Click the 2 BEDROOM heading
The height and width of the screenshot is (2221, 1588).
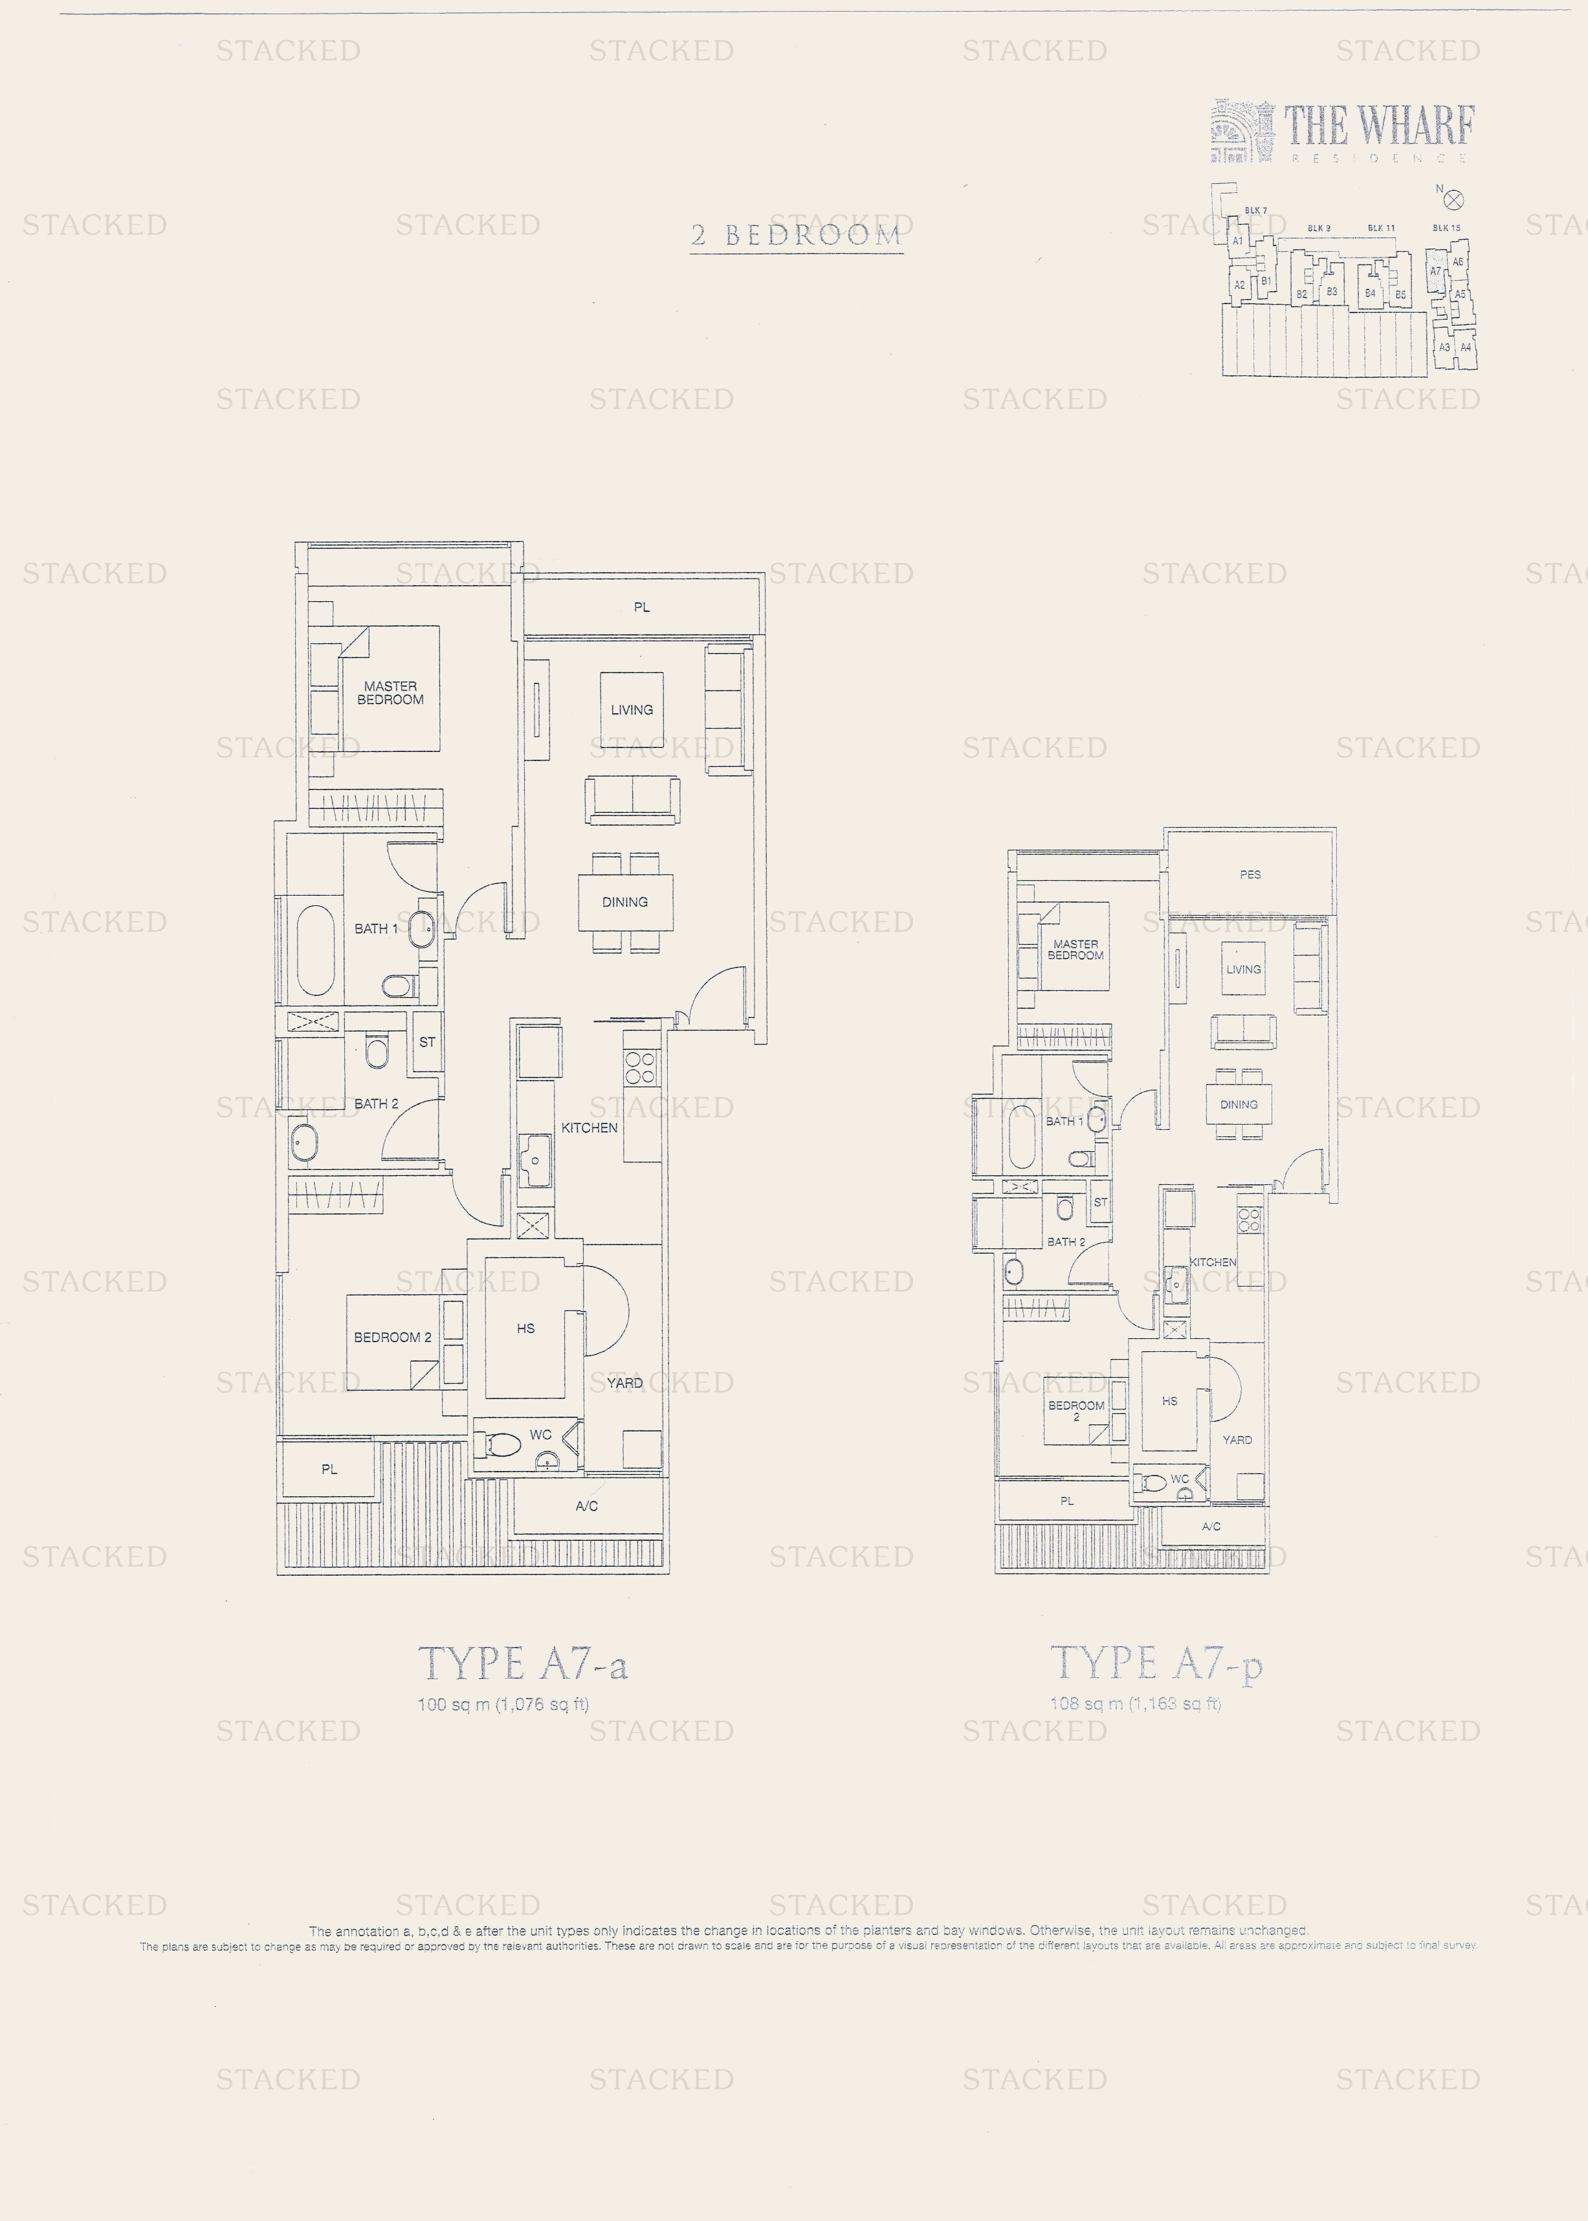pos(795,235)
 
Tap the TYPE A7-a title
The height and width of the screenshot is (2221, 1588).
pos(523,1664)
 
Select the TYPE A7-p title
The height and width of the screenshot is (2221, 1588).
pos(1156,1664)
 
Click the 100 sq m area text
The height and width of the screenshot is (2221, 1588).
pos(503,1705)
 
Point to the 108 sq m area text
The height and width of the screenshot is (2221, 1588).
pos(1135,1704)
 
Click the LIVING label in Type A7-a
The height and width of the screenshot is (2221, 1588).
pos(632,710)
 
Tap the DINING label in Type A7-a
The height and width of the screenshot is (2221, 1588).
pos(625,901)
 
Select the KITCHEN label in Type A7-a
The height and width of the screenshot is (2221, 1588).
pos(589,1127)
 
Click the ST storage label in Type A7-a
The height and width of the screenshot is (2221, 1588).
pos(427,1043)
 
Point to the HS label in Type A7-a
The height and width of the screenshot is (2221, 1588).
pos(526,1328)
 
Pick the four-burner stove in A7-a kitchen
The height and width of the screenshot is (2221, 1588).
pos(641,1067)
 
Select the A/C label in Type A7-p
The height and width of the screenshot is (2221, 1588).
pos(1211,1527)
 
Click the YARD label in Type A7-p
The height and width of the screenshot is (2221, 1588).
pos(1237,1440)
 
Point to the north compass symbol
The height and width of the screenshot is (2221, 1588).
pos(1453,201)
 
